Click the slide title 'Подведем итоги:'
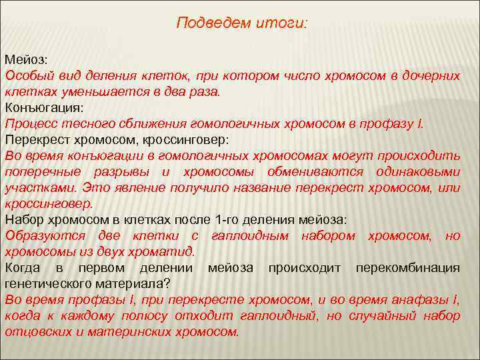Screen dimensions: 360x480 click(x=242, y=23)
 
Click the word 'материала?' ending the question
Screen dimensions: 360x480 click(x=138, y=283)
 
